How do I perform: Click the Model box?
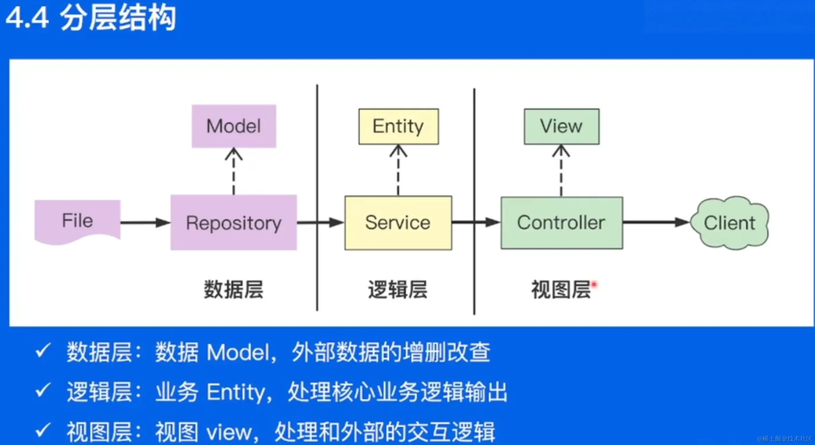point(234,126)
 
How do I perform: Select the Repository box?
point(233,223)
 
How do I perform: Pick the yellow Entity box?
point(399,126)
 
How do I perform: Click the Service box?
point(398,223)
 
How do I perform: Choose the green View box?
point(561,126)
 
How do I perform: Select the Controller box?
point(562,223)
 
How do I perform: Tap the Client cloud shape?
point(730,223)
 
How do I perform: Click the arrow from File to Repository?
point(145,223)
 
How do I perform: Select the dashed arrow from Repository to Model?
point(234,171)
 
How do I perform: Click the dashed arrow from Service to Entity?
point(398,170)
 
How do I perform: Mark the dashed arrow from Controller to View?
point(561,171)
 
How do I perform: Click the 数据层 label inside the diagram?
point(233,289)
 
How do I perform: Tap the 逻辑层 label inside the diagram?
point(398,289)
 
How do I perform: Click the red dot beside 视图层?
point(594,284)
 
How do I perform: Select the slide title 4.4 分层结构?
point(91,18)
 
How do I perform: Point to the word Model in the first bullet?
point(238,353)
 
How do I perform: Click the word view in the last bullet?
point(229,432)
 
